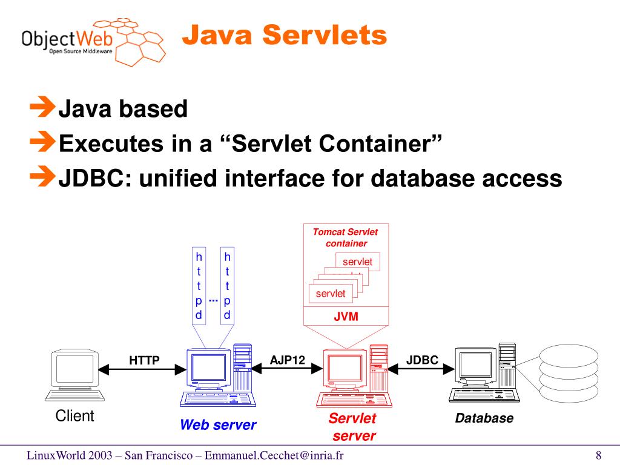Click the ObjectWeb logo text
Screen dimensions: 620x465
67,40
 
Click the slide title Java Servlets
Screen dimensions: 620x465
285,35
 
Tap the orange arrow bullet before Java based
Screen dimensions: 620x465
42,107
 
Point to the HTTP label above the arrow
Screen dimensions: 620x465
144,360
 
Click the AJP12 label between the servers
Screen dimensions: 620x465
288,360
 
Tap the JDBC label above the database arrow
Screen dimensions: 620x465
422,360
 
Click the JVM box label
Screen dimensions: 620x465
346,316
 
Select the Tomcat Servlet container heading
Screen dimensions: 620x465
346,237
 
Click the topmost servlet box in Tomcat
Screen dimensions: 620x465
357,262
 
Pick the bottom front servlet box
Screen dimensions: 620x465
331,294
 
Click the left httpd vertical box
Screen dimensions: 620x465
199,286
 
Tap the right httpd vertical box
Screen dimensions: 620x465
228,286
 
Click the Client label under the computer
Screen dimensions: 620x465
74,416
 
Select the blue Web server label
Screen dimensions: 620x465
218,424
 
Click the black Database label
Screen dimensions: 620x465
484,418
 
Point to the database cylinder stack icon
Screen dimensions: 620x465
569,373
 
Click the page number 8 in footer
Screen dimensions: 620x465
599,455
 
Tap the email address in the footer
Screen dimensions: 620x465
274,455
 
